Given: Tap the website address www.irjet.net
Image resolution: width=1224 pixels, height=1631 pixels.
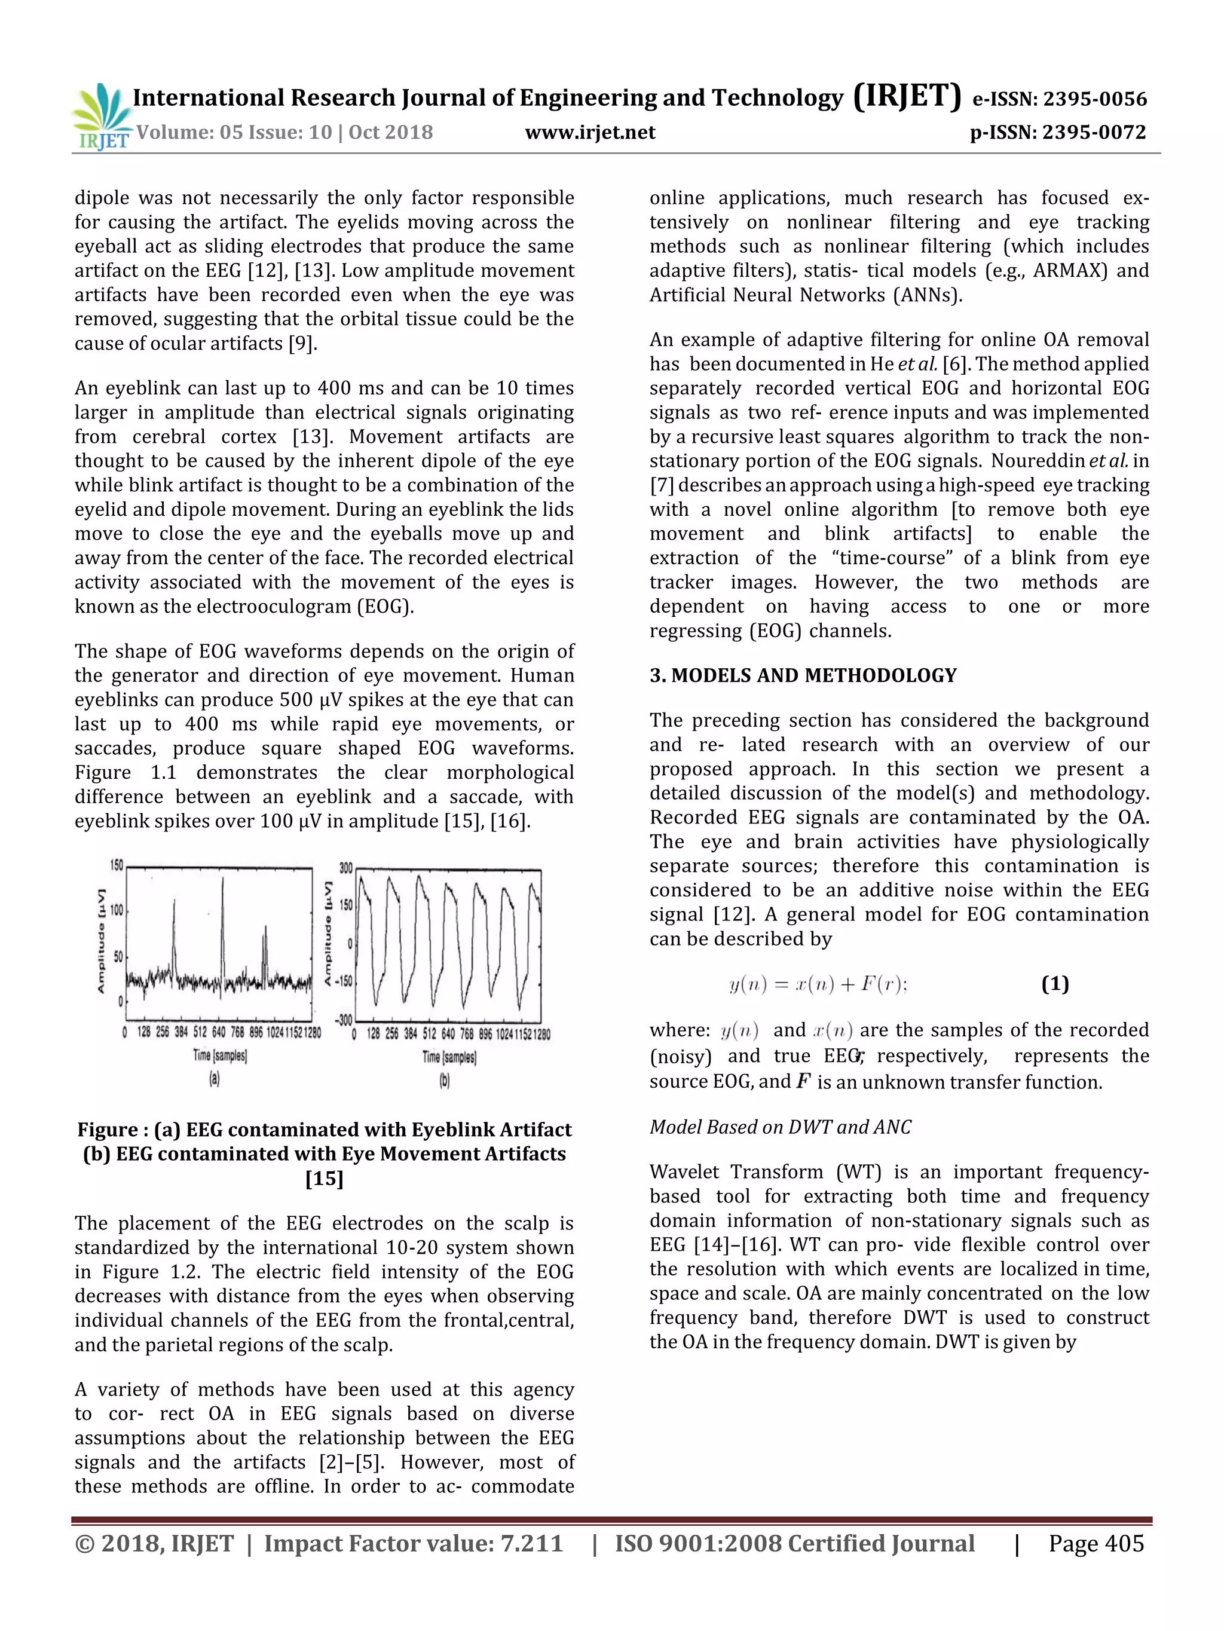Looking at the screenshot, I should click(590, 133).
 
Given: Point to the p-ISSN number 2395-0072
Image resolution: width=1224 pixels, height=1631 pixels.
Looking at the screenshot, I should click(1094, 133).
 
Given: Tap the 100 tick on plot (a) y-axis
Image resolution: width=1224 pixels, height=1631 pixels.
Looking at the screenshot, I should click(117, 911).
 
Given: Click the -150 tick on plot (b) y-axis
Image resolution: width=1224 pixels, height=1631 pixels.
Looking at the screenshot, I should click(343, 981).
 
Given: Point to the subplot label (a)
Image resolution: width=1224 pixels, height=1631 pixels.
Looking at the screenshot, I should click(215, 1079).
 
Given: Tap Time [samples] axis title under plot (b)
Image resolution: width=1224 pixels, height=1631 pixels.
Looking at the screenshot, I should click(449, 1057).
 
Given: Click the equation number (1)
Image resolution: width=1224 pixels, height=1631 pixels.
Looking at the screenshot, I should click(1054, 984).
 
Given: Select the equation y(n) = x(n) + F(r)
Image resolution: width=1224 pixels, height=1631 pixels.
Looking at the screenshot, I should click(818, 984).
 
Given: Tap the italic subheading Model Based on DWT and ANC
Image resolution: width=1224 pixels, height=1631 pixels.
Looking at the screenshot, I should click(780, 1127).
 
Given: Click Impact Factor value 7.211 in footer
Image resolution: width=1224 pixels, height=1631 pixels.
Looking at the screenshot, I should click(413, 1543).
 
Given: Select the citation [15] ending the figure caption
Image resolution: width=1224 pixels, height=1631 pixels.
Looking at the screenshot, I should click(325, 1178).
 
